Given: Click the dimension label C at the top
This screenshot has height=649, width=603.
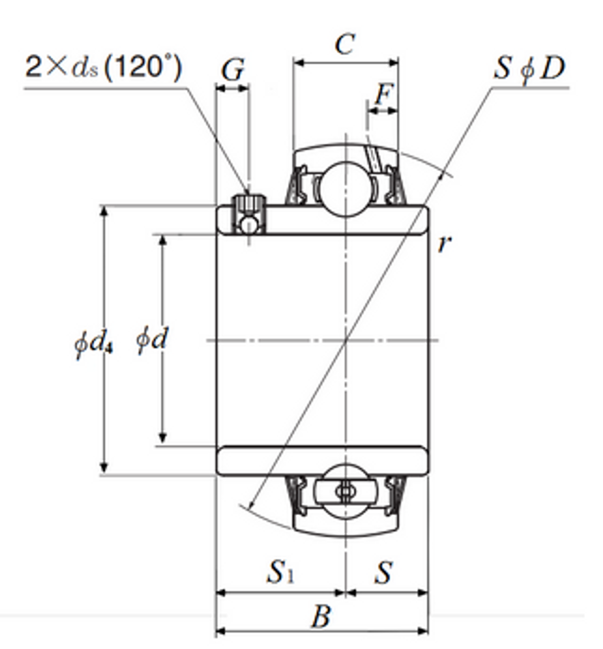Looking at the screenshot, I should [344, 44].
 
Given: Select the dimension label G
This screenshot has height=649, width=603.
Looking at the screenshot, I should [232, 70].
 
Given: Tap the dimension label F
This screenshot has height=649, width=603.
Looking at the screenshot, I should [384, 94].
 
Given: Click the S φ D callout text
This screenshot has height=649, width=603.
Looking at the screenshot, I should [529, 68].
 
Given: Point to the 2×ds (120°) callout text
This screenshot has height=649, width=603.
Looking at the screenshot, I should [103, 67].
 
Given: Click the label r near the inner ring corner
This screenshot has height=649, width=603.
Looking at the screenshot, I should [444, 244].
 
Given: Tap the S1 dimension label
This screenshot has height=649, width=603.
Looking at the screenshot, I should [280, 572].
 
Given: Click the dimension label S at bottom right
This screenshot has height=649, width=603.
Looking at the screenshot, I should [384, 572].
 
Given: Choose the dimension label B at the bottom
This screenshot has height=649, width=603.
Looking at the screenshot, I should [321, 617].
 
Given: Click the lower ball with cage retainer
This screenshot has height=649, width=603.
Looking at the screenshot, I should [345, 491].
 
